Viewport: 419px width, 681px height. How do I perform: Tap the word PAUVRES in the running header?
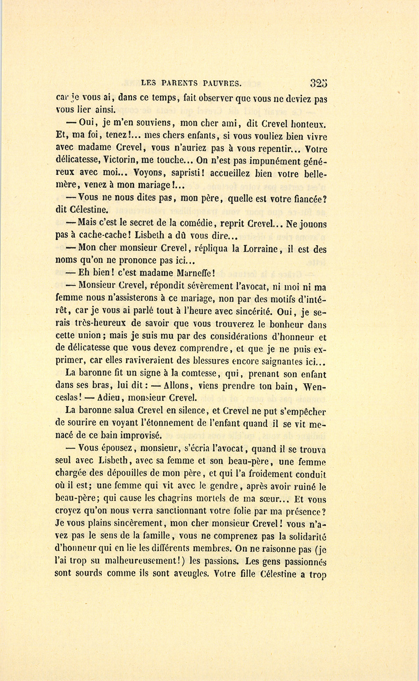pyautogui.click(x=222, y=84)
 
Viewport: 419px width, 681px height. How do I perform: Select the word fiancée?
pyautogui.click(x=305, y=198)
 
